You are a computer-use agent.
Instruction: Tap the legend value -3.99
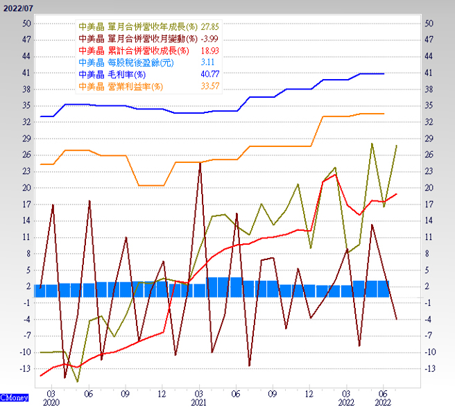click(209, 38)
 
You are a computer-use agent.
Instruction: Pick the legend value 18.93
click(209, 51)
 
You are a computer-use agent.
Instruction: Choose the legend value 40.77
click(209, 74)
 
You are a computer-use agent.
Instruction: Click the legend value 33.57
click(209, 87)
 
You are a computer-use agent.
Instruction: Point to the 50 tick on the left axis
click(26, 23)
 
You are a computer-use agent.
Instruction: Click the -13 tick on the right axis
click(429, 368)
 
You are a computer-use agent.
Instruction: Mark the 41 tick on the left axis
click(26, 72)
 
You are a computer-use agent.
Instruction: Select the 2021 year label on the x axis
click(200, 401)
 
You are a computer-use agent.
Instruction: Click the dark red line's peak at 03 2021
click(200, 163)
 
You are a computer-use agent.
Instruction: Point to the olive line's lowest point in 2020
click(78, 381)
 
